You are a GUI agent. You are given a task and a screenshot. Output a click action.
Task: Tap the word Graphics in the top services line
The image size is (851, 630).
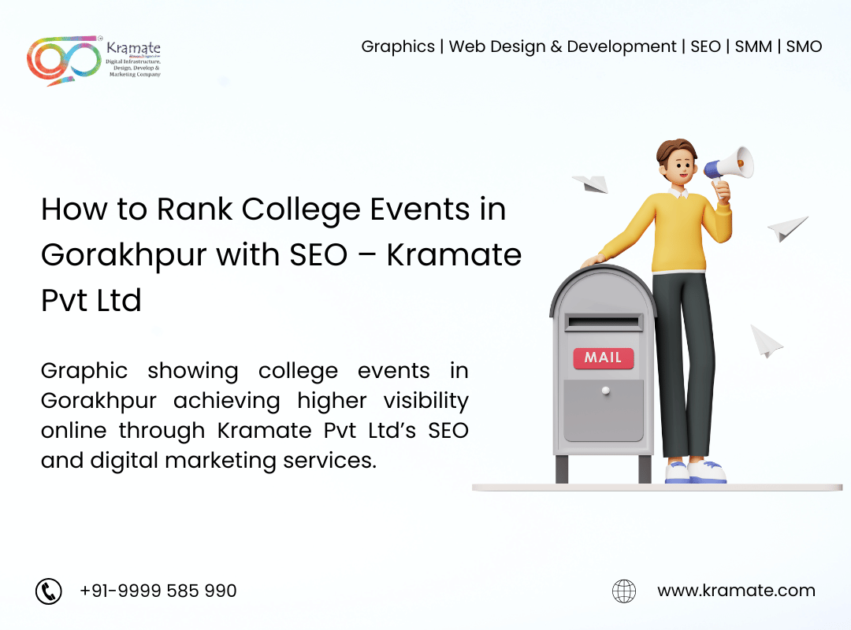pos(398,46)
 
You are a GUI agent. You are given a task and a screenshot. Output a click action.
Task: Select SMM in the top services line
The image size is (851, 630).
pos(753,46)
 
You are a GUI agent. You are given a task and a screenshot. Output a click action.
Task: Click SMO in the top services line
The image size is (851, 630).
pos(804,46)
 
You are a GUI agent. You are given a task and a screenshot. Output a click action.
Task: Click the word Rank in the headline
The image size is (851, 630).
pos(195,209)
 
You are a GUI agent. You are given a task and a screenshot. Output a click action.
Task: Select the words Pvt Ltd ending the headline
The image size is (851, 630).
pos(91,301)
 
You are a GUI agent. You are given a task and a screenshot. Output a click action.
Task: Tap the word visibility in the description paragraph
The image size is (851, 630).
pos(426,402)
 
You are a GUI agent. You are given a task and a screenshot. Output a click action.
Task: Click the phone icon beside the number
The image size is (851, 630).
pos(49,591)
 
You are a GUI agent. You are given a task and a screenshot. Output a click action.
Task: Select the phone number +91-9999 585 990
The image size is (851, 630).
pos(158,591)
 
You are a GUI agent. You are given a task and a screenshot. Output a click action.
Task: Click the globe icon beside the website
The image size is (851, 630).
pos(624,591)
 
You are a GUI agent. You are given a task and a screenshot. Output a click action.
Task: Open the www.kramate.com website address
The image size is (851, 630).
pos(736,591)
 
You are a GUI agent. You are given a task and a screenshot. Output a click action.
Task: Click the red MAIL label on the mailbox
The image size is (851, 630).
pos(604,358)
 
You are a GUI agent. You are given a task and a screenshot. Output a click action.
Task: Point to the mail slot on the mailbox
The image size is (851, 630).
pos(603,323)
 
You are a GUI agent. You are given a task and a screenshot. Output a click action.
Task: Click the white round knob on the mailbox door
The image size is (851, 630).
pos(606,390)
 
